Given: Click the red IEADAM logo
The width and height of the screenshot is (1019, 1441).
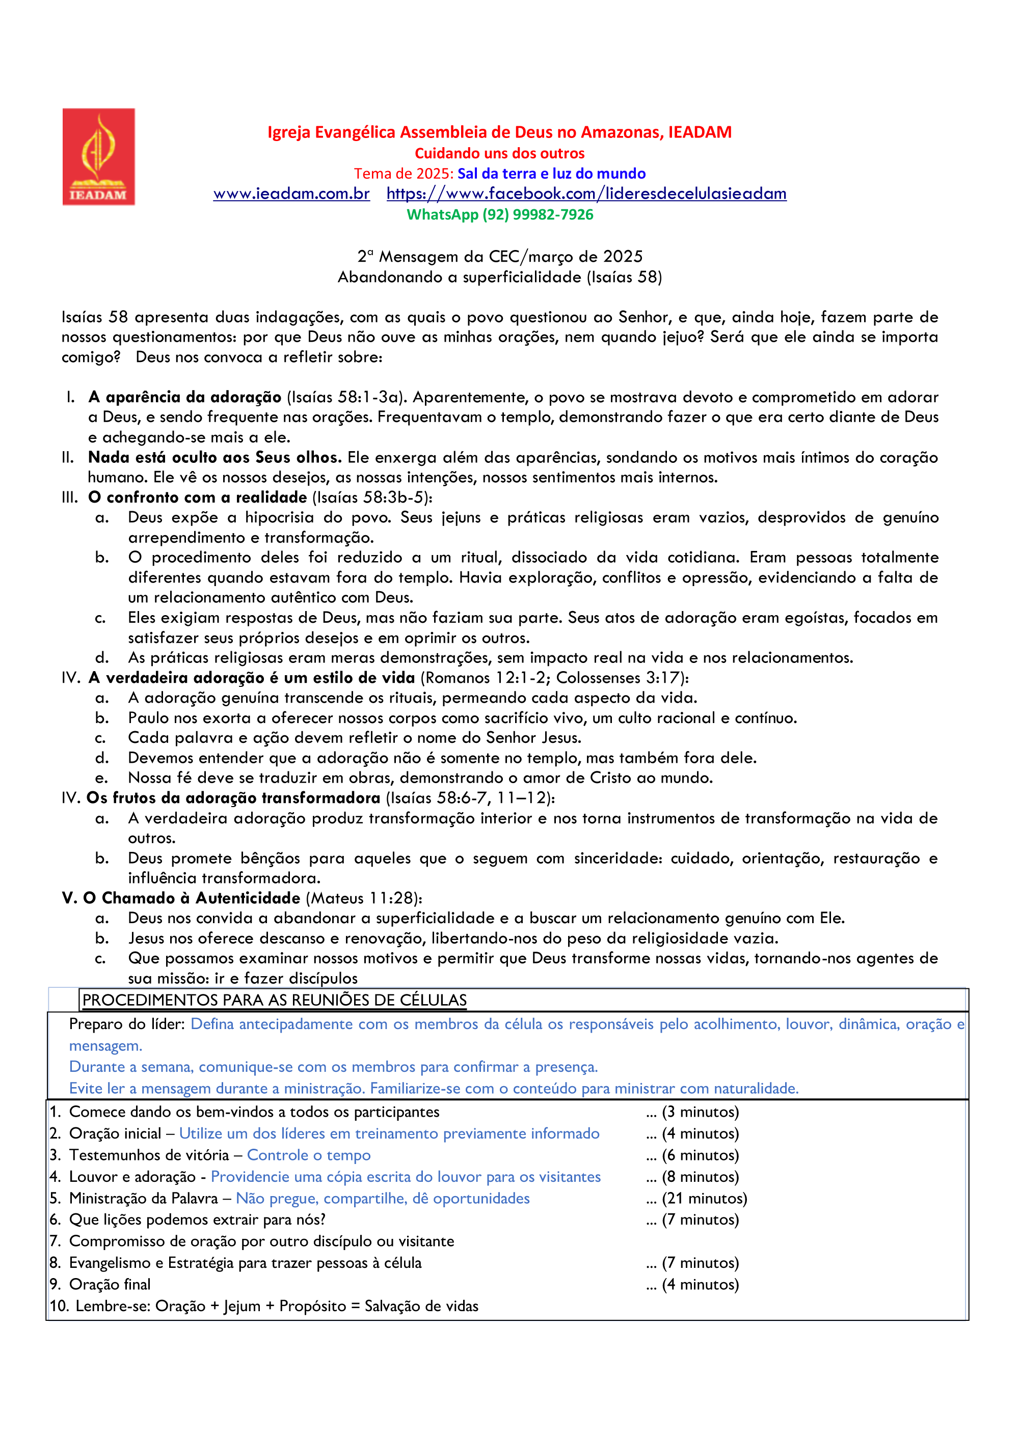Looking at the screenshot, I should click(98, 156).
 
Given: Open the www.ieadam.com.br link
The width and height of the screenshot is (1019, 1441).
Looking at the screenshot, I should click(291, 193).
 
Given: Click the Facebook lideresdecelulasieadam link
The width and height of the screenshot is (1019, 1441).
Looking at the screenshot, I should click(586, 193).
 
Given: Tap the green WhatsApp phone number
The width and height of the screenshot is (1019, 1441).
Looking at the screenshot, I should click(538, 215).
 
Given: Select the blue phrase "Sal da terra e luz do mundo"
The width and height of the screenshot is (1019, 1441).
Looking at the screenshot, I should click(551, 173).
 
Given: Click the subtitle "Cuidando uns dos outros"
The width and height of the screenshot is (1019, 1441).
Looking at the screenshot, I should click(499, 153).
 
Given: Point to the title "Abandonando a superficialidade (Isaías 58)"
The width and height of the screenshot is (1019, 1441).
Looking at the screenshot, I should click(500, 277).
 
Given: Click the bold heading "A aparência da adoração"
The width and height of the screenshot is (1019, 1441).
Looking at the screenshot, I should click(184, 397).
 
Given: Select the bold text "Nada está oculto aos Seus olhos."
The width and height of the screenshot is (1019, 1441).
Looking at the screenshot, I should click(214, 458).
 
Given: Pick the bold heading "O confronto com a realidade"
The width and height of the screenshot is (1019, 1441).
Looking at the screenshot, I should click(198, 497).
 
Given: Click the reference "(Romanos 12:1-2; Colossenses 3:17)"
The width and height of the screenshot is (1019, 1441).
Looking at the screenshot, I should click(554, 678).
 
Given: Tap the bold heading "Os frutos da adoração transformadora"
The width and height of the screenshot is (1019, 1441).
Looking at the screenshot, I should click(233, 798).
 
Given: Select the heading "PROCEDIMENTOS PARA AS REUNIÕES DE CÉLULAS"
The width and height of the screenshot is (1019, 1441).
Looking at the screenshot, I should click(275, 1001).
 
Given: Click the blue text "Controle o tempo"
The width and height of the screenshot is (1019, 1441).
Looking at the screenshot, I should click(308, 1155).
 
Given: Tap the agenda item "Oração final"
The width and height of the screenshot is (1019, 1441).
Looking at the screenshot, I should click(110, 1285).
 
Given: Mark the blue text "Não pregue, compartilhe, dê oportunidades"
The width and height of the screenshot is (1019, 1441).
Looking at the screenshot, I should click(382, 1199).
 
